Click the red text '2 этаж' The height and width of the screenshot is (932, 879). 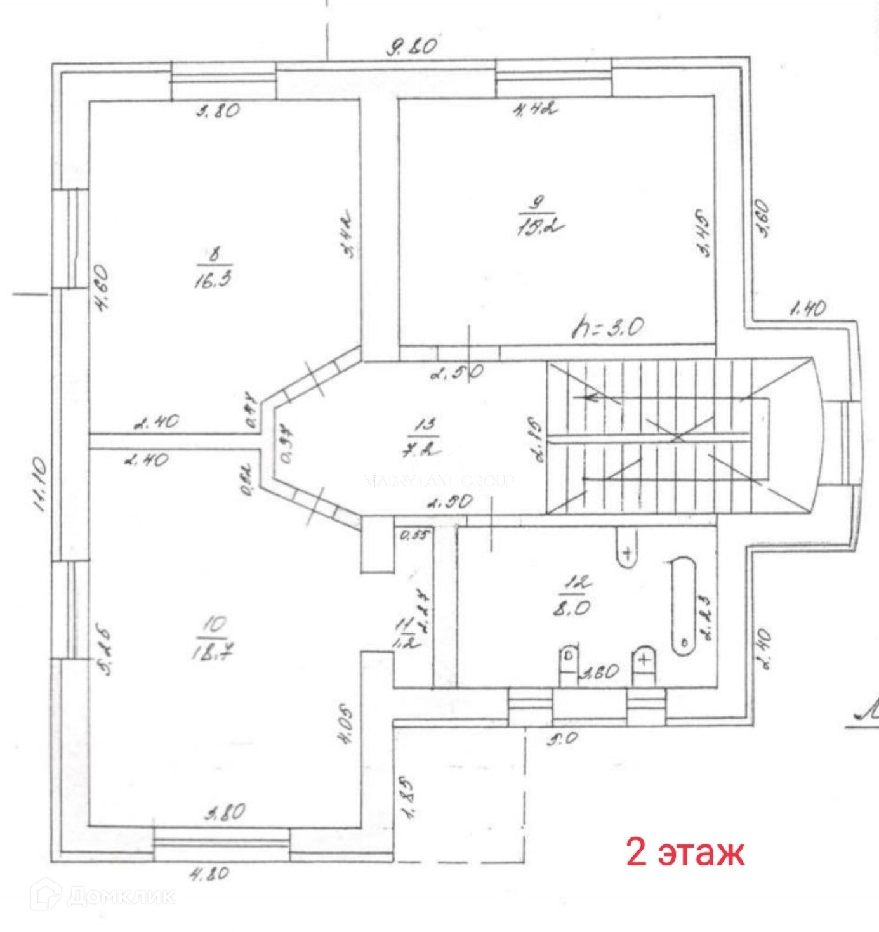click(x=685, y=852)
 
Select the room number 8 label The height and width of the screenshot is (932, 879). click(x=214, y=254)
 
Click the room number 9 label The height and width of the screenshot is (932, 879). click(x=537, y=203)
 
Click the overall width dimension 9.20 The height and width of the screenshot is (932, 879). click(x=412, y=47)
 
